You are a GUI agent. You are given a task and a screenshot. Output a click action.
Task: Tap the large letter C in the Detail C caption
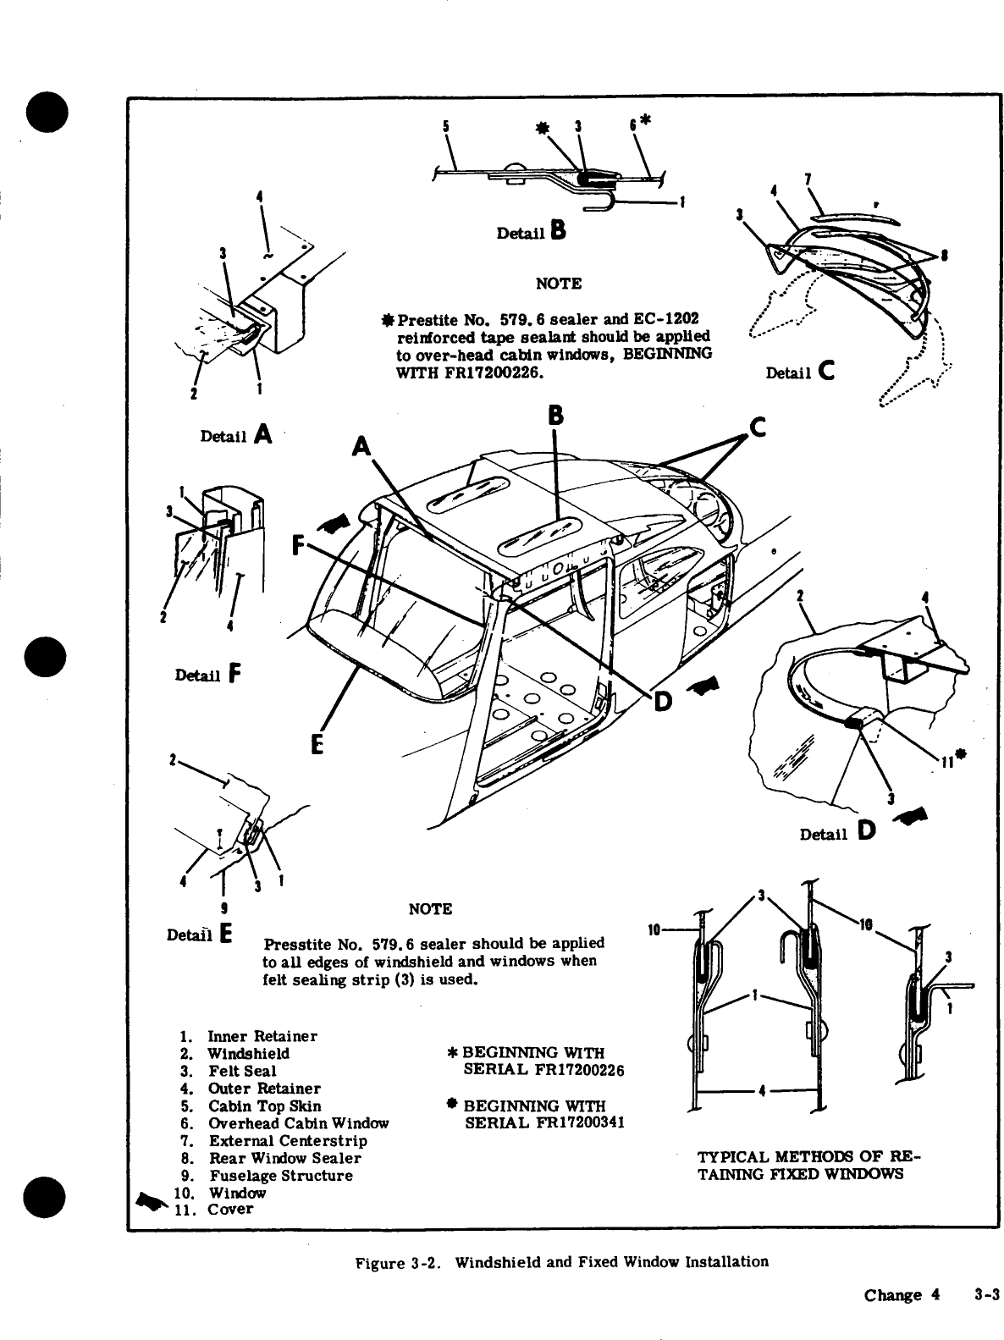(827, 370)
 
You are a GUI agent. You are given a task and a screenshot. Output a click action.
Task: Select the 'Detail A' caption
(235, 434)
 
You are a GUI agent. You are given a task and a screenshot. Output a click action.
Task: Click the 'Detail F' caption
(207, 675)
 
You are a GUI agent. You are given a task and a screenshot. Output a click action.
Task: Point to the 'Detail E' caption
(201, 935)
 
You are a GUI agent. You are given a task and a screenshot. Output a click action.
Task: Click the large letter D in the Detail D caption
(866, 831)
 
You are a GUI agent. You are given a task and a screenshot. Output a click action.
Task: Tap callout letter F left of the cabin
(299, 544)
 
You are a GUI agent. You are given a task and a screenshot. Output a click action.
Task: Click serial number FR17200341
(545, 1123)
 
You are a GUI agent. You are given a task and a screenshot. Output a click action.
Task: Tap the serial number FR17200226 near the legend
(543, 1071)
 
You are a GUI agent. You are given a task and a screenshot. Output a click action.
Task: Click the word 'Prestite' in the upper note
(428, 320)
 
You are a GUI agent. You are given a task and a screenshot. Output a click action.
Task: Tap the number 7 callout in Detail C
(808, 179)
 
